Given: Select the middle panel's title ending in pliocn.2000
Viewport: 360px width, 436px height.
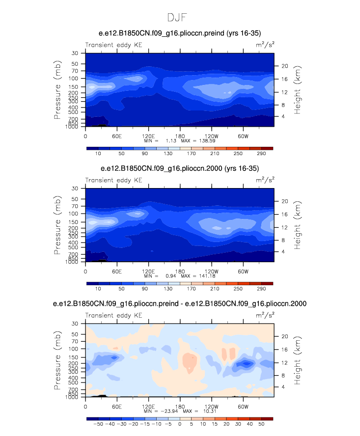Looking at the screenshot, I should (x=180, y=168).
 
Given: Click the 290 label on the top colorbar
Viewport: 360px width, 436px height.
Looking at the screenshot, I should (x=261, y=154).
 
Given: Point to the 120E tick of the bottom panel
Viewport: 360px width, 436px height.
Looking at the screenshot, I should (x=148, y=407).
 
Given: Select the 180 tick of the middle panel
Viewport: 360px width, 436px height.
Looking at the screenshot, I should (x=180, y=272).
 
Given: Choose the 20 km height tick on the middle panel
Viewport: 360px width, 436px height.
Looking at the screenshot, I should (x=284, y=201).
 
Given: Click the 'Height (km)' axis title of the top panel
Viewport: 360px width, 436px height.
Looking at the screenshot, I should (x=298, y=89).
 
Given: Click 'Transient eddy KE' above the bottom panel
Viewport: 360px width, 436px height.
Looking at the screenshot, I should (x=113, y=316).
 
